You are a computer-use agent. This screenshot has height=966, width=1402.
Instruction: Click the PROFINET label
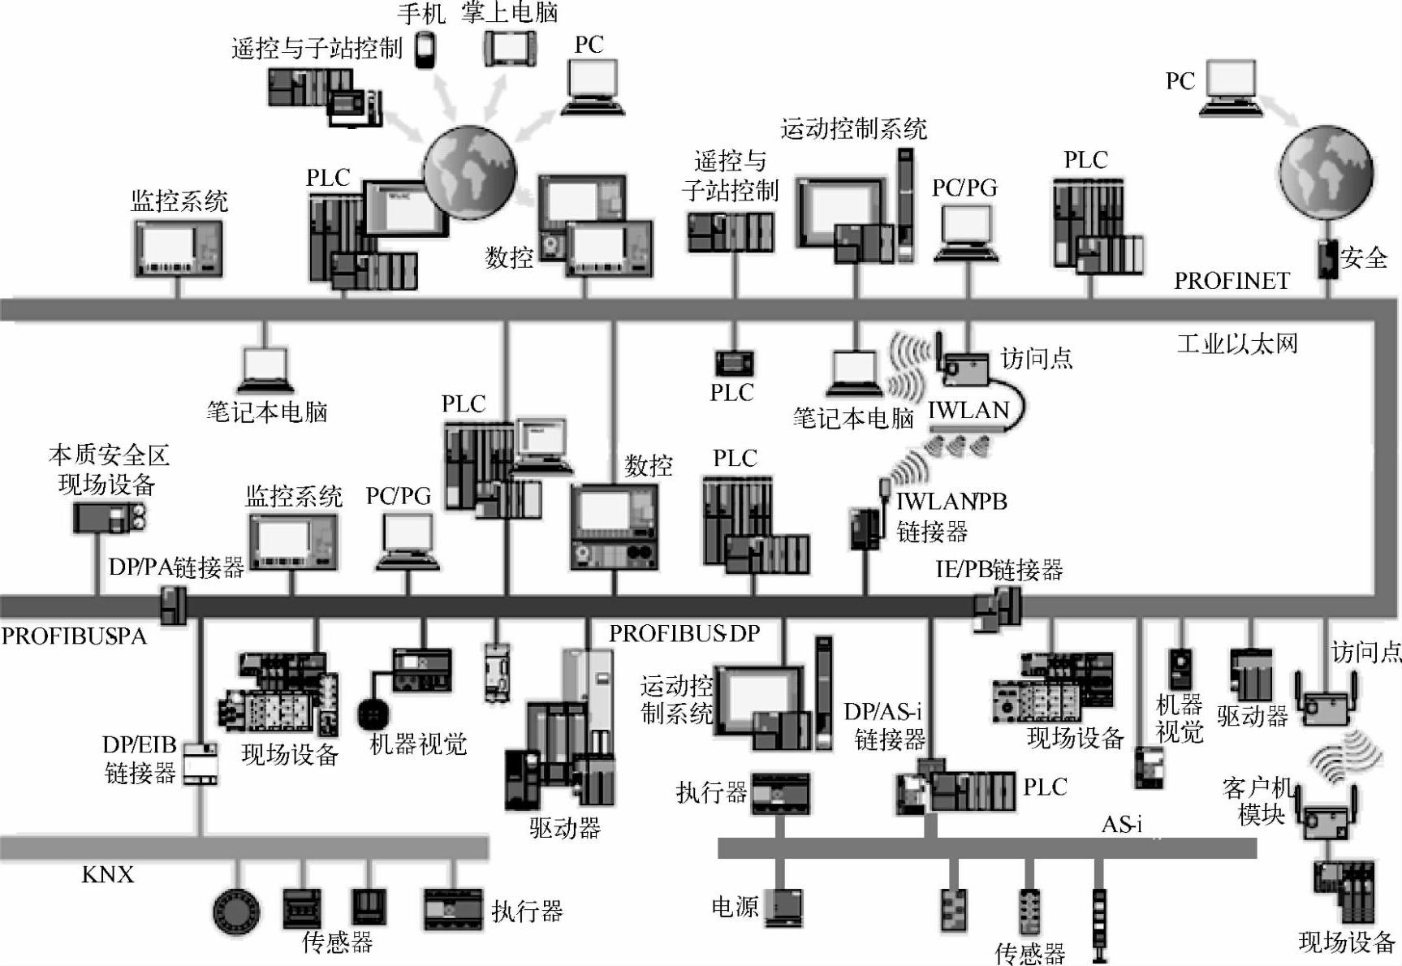[x=1232, y=281]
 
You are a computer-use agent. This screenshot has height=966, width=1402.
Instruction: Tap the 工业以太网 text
[x=1237, y=343]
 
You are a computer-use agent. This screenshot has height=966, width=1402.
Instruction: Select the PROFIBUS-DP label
[x=684, y=633]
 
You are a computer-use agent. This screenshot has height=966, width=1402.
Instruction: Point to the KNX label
[x=107, y=874]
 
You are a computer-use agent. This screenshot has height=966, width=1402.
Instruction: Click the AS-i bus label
[x=1121, y=825]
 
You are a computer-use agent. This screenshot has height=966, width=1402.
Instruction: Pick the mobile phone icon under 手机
[x=425, y=50]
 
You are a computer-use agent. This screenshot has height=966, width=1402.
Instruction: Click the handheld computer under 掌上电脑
[x=509, y=47]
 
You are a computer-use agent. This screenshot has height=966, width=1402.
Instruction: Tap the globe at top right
[x=1327, y=172]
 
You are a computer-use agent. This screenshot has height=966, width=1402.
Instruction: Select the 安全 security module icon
[x=1327, y=258]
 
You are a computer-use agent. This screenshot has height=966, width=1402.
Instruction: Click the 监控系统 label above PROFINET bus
[x=179, y=201]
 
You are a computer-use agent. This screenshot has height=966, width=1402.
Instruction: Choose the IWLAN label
[x=968, y=411]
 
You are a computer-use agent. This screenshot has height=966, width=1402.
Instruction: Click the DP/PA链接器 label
[x=176, y=567]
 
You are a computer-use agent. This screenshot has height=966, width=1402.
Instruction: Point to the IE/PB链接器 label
[x=999, y=570]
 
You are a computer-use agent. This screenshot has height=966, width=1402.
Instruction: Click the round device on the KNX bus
[x=236, y=910]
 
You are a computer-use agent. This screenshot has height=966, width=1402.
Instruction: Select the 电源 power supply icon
[x=783, y=907]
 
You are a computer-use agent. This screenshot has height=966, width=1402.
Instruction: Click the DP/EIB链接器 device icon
[x=200, y=763]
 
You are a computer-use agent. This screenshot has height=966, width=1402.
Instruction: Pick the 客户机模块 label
[x=1257, y=800]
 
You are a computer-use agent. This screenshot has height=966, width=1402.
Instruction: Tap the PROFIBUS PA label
[x=74, y=636]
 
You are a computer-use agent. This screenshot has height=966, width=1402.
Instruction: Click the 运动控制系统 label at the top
[x=853, y=128]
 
